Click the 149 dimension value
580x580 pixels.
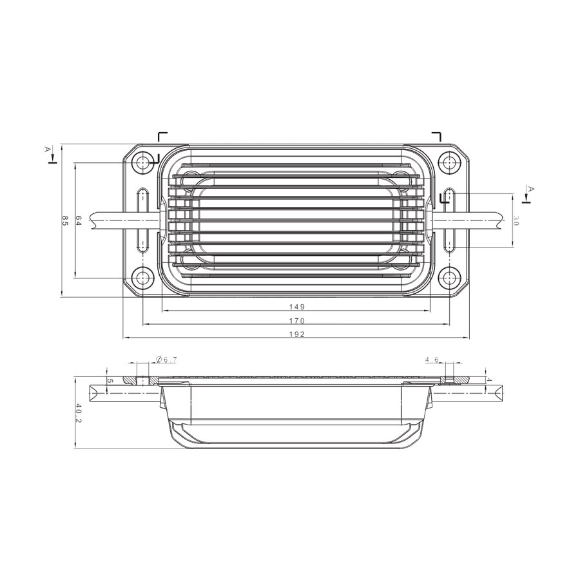tap(297, 307)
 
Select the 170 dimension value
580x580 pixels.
tap(297, 321)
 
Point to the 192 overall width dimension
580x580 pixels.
tap(297, 334)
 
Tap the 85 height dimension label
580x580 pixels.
tap(65, 220)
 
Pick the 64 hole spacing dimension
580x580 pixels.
tap(79, 220)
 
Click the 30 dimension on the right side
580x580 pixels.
tap(516, 220)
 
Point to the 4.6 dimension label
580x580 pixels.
tap(431, 359)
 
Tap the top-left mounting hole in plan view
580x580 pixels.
tap(142, 162)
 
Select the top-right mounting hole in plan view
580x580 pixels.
tap(449, 162)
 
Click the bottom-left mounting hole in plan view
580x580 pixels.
tap(142, 278)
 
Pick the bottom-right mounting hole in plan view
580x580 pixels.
tap(449, 278)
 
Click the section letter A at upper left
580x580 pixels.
tap(46, 149)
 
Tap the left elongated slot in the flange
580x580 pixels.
tap(142, 220)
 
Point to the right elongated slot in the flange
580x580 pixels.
tap(449, 220)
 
